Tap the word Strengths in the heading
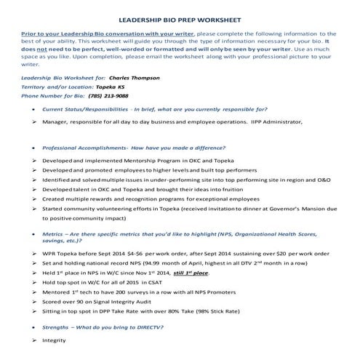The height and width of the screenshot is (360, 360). tap(58, 328)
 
